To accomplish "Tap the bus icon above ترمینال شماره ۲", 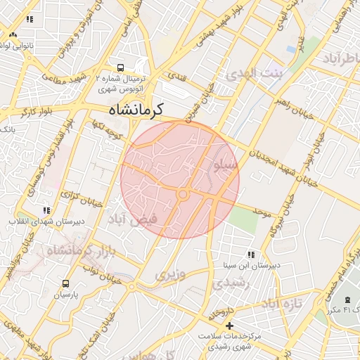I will point(122,68).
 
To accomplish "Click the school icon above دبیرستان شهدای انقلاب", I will point(46,210).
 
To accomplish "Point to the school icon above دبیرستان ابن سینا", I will point(251,255).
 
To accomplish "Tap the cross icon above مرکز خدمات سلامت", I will point(229,326).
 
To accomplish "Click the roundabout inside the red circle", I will point(183,193).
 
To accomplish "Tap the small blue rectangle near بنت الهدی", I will point(291,49).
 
